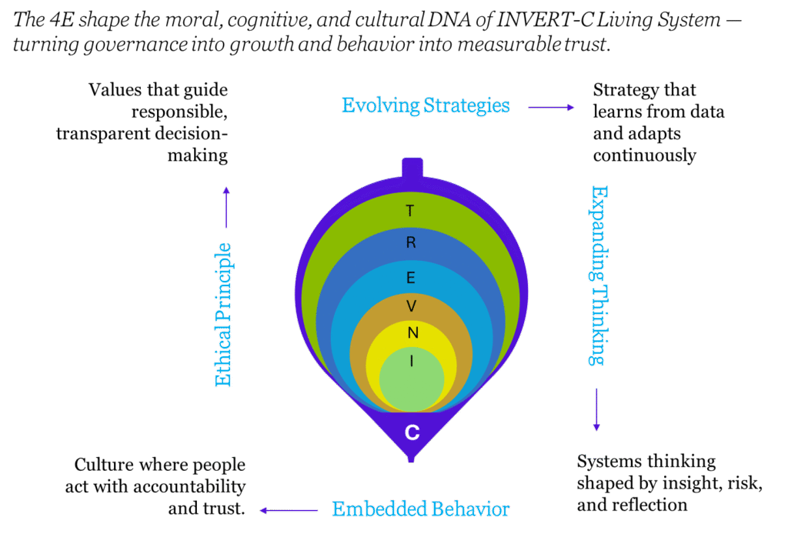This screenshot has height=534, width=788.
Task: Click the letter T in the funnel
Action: (x=410, y=210)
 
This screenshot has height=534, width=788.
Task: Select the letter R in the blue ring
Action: (x=410, y=243)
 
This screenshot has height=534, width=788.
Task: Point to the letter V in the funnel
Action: (x=411, y=306)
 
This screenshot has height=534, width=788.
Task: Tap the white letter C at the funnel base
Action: (x=412, y=432)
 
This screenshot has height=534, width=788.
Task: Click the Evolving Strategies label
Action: (x=426, y=105)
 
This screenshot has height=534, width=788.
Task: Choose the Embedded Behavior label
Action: (x=420, y=509)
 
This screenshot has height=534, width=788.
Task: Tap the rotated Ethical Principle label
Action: (x=223, y=315)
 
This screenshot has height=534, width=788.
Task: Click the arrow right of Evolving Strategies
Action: (x=551, y=108)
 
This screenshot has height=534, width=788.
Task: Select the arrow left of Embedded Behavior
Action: (x=289, y=510)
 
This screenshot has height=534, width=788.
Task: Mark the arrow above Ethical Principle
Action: (x=226, y=207)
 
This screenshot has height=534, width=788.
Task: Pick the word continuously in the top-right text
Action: (x=644, y=155)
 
